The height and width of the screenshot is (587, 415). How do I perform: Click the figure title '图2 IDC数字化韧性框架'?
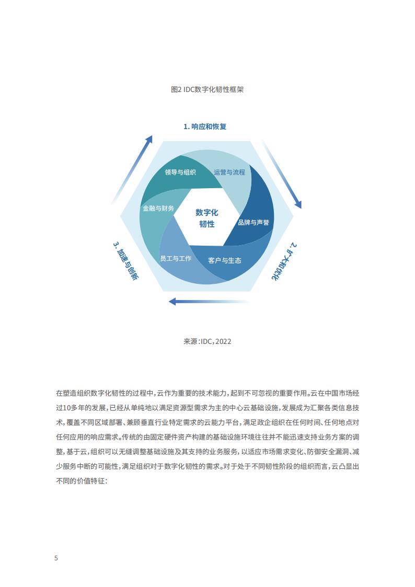tap(208, 89)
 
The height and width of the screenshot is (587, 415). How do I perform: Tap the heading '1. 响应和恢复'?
tap(205, 126)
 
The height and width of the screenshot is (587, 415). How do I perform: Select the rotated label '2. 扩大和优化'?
tap(284, 261)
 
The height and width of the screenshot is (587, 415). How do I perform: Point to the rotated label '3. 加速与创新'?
tap(126, 261)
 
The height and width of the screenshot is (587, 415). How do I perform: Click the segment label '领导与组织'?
tap(180, 172)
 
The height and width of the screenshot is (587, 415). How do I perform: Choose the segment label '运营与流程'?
tap(229, 172)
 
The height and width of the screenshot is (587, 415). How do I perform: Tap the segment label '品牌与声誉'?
tap(253, 222)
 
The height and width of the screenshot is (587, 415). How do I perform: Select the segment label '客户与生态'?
tap(225, 260)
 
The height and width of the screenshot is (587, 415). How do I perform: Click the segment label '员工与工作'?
tap(176, 258)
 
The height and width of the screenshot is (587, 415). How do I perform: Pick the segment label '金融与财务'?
tap(158, 208)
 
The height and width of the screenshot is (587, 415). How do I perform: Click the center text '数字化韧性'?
tap(207, 218)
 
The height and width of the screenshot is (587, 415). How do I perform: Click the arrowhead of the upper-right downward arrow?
tap(298, 204)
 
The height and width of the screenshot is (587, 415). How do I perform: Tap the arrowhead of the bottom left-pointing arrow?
tap(172, 302)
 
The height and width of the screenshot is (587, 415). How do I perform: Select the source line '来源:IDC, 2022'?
tap(208, 341)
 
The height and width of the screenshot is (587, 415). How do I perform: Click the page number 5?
tap(56, 558)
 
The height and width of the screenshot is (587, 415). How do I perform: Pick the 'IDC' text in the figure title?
tap(189, 89)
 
